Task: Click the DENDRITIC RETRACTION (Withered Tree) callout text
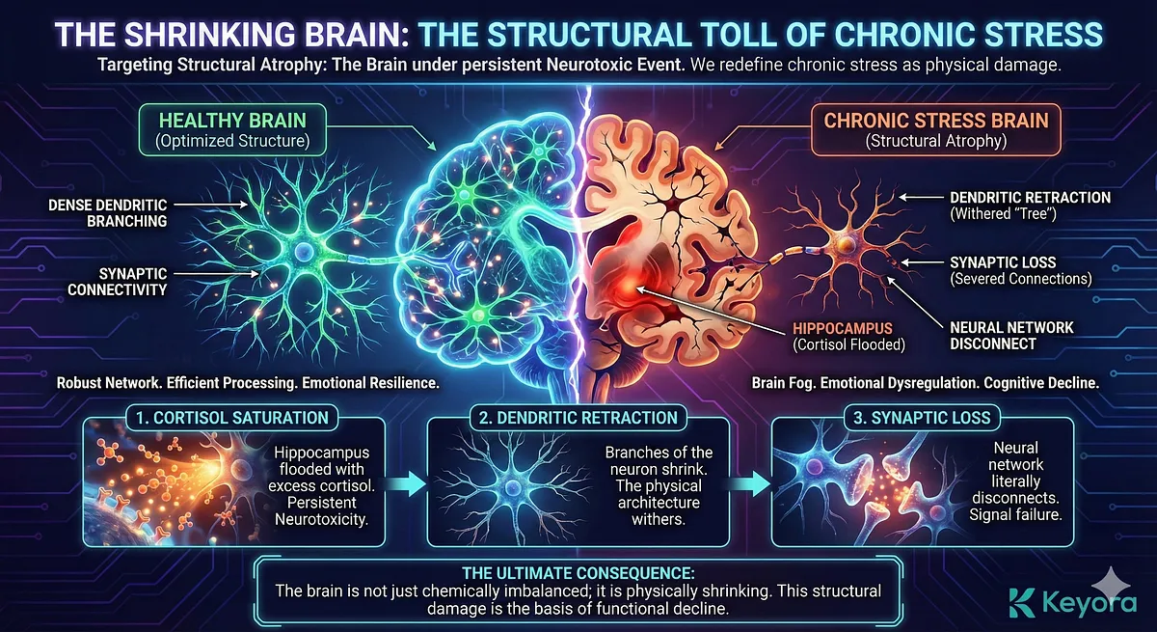[x=1029, y=205]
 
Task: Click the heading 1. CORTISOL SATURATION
[x=229, y=418]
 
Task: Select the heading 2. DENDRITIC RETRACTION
[x=577, y=418]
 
